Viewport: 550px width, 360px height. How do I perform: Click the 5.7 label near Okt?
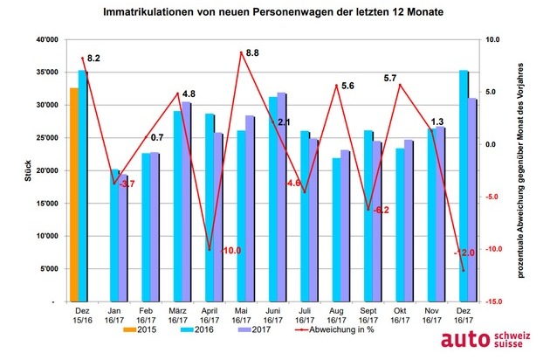(x=392, y=79)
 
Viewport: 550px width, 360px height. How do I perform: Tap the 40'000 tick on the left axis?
(x=40, y=40)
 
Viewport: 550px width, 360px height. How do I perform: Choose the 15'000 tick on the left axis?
(x=40, y=204)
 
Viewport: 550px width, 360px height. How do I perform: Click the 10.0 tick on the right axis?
(x=492, y=40)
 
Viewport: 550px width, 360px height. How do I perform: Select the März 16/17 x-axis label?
(x=182, y=316)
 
